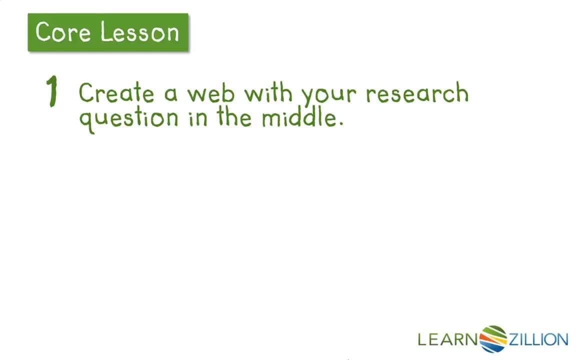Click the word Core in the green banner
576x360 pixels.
[63, 32]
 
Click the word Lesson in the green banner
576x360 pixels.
[139, 32]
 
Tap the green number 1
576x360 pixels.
[52, 92]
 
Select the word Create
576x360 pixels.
[116, 93]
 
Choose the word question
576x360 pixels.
[128, 119]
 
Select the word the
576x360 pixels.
[235, 117]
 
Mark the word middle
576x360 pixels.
[298, 117]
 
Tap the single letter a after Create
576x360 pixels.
[170, 94]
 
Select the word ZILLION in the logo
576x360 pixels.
[538, 340]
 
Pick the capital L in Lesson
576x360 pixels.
[104, 32]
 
